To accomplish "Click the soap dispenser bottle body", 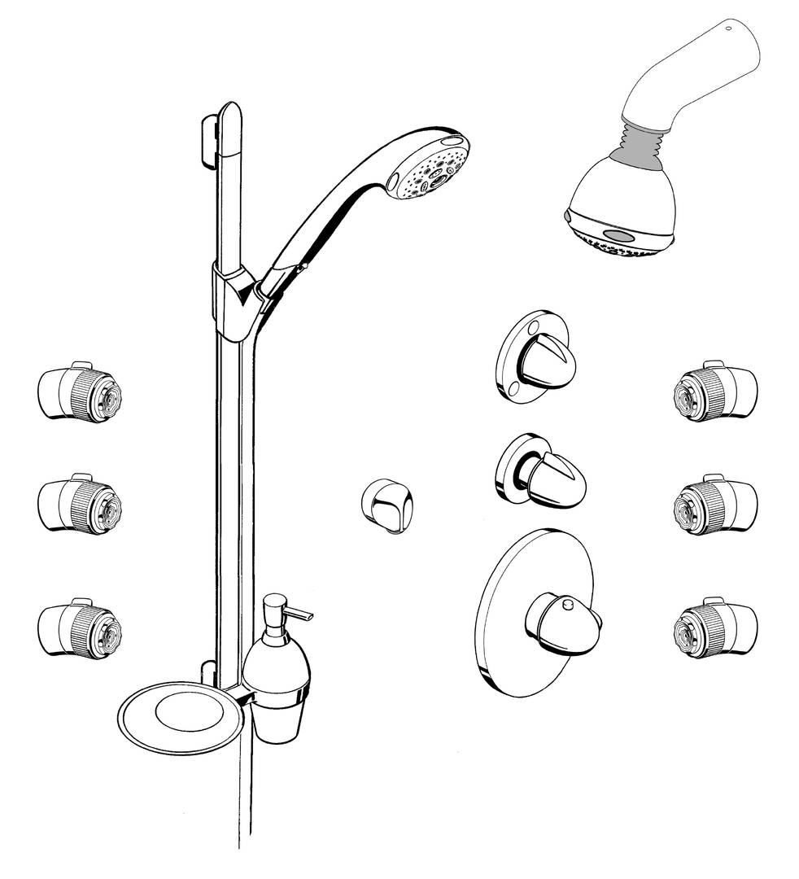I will pyautogui.click(x=278, y=663).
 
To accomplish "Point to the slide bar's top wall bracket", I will pyautogui.click(x=210, y=138).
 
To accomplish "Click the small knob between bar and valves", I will pyautogui.click(x=387, y=505).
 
